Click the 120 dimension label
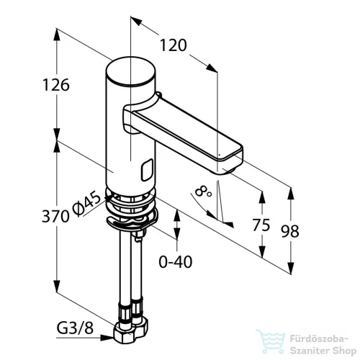click(173, 45)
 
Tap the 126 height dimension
click(56, 85)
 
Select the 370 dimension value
click(55, 216)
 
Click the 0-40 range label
click(176, 261)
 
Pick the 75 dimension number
click(261, 225)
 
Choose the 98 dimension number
click(290, 231)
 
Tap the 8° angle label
click(203, 192)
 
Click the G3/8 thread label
click(75, 328)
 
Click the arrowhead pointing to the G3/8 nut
click(107, 338)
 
